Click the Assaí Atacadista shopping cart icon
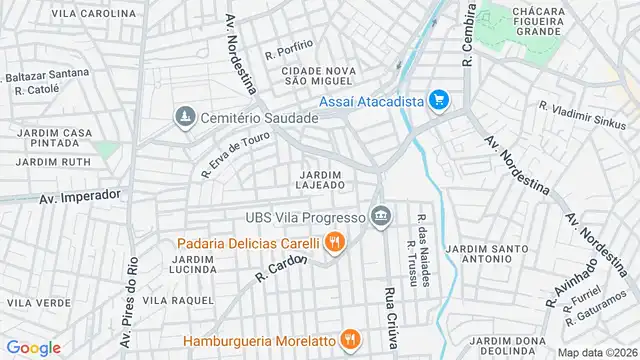tap(437, 100)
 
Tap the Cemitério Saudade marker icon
tap(183, 118)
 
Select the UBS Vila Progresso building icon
tap(380, 215)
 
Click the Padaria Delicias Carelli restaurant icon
tap(334, 242)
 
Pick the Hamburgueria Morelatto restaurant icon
tap(349, 340)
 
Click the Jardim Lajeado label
tap(321, 180)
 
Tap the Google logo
tap(33, 347)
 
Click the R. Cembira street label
tap(467, 34)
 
